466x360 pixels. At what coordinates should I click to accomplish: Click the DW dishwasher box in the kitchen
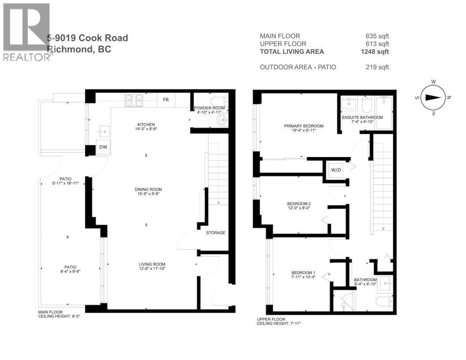(x=102, y=147)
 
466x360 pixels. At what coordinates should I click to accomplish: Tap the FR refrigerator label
(x=166, y=100)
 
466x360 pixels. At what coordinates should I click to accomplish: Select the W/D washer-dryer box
(x=335, y=169)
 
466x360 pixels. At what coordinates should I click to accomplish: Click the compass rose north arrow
(x=434, y=98)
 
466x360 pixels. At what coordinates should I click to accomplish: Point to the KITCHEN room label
(x=146, y=127)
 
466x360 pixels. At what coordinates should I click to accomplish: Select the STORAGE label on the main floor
(x=215, y=232)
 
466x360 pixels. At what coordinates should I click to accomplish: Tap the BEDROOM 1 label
(x=303, y=275)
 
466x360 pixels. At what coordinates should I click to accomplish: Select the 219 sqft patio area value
(x=377, y=67)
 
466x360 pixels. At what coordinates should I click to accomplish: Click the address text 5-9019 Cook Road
(x=88, y=38)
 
